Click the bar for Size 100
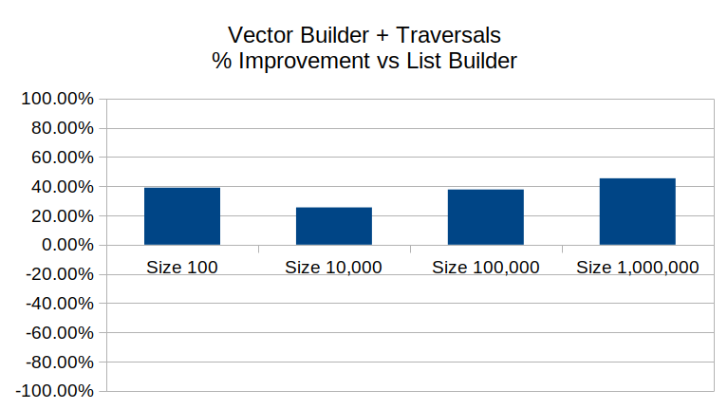(x=182, y=216)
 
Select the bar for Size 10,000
(x=334, y=226)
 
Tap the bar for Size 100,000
(x=486, y=217)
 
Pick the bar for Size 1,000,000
(x=638, y=212)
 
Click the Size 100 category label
(x=182, y=268)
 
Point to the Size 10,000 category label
(x=333, y=268)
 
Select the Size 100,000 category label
(x=486, y=268)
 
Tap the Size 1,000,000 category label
(x=638, y=268)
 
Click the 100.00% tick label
(x=58, y=99)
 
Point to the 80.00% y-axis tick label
(x=63, y=128)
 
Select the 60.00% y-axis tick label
(x=63, y=158)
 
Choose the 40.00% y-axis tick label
(x=63, y=187)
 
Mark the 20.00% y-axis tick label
(x=63, y=215)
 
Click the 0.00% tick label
(x=67, y=245)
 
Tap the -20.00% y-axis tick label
(x=60, y=274)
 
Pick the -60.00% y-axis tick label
(x=60, y=333)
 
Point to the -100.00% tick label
(x=55, y=391)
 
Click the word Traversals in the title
(x=449, y=35)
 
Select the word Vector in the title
(x=262, y=35)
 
